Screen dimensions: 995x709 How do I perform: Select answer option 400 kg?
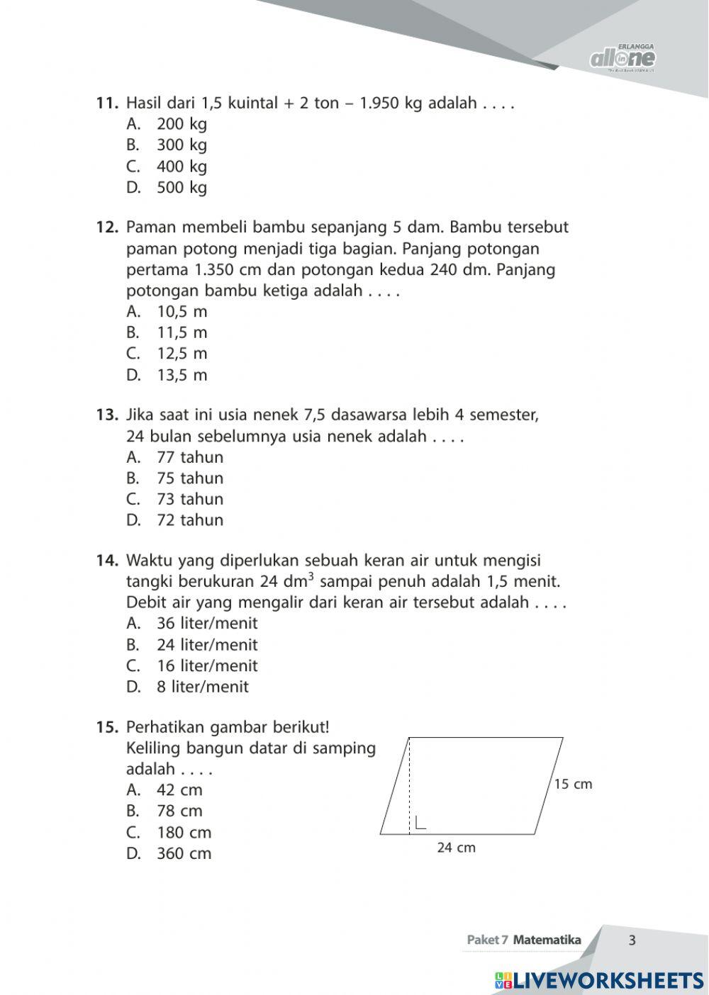[182, 167]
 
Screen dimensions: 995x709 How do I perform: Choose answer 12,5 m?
[182, 354]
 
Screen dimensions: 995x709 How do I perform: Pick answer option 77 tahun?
[189, 457]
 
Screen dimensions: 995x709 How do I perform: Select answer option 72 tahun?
[189, 520]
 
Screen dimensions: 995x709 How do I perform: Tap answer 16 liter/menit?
[206, 666]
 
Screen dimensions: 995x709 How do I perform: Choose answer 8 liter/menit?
[202, 687]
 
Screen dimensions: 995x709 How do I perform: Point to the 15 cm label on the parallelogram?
[573, 784]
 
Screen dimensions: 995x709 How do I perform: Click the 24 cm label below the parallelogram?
[456, 848]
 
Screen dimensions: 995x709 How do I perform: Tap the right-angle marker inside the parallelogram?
[420, 823]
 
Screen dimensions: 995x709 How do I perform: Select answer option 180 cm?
[184, 833]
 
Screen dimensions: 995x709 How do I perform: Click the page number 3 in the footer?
[632, 940]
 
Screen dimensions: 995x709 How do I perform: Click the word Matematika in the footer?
[547, 940]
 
